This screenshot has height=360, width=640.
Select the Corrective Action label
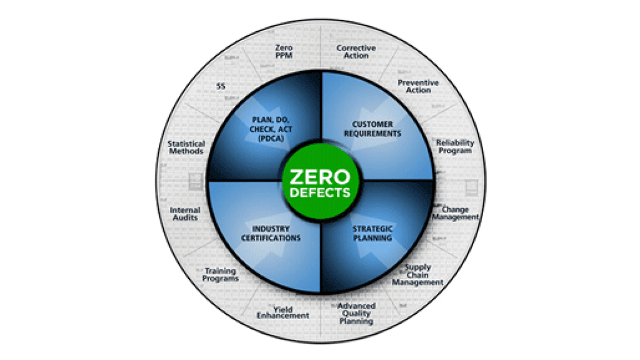(356, 52)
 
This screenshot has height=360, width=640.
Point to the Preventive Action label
(418, 86)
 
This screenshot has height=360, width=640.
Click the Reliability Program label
(455, 146)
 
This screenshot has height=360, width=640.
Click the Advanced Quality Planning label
(356, 313)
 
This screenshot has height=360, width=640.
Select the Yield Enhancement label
(283, 312)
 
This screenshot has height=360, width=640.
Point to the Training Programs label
(221, 275)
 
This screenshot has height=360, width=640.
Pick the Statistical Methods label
(186, 147)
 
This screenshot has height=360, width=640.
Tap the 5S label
(221, 86)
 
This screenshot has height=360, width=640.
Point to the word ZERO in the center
(320, 175)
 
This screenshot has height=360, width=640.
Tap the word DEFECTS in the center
(320, 192)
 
